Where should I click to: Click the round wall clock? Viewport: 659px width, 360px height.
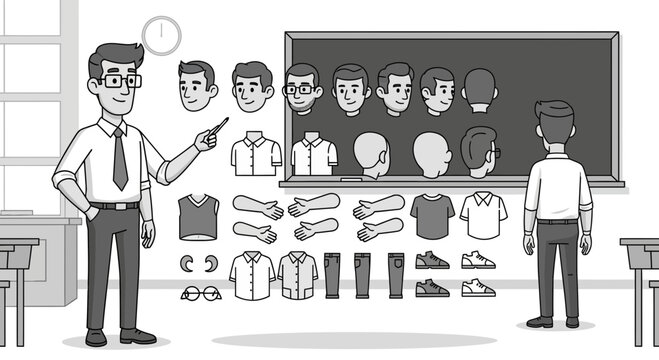point(160,35)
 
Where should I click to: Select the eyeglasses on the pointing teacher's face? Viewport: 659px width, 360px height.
point(119,81)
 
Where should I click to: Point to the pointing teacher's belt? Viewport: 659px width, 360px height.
point(115,205)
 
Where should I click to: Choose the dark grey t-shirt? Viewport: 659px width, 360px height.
point(432,215)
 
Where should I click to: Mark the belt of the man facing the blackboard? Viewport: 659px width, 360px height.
point(557,220)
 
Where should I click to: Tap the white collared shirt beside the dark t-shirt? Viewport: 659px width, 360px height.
point(483,214)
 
